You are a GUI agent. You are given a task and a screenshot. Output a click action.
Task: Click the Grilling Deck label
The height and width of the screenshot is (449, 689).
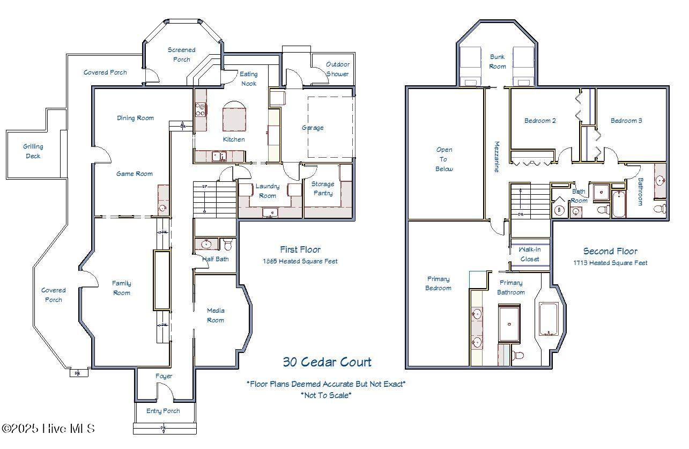33,151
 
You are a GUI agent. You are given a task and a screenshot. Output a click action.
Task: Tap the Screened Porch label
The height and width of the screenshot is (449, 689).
181,55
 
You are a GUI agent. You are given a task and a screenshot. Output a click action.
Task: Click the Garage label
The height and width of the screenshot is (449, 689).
313,128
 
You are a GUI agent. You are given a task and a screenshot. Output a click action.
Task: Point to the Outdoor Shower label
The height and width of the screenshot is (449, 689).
337,69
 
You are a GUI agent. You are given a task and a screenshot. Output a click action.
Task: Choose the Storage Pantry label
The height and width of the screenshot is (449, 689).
323,188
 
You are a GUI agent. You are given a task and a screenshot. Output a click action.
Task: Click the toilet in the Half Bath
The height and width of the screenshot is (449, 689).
228,244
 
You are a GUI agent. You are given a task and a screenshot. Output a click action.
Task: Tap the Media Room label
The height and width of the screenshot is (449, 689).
216,315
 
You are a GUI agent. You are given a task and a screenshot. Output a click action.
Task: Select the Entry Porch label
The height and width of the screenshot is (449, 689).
163,411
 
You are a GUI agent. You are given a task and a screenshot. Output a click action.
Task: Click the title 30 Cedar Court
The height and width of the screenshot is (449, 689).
327,362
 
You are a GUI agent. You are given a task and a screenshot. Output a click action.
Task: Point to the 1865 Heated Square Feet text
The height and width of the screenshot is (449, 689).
300,261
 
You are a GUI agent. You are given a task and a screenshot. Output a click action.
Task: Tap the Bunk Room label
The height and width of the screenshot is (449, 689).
498,62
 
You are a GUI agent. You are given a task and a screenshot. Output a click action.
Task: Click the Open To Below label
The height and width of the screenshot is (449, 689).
444,159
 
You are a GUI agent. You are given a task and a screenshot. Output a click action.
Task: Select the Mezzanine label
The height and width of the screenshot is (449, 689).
497,157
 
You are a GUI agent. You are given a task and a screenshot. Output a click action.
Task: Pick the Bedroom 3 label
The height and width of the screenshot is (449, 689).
626,121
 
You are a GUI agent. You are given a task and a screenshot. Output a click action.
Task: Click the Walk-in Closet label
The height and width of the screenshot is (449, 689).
530,254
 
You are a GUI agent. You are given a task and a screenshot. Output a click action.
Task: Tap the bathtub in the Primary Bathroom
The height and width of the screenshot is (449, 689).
549,319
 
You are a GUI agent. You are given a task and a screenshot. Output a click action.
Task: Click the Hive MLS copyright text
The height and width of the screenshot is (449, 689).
48,429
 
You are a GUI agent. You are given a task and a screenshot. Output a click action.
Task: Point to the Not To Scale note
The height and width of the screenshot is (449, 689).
326,395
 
